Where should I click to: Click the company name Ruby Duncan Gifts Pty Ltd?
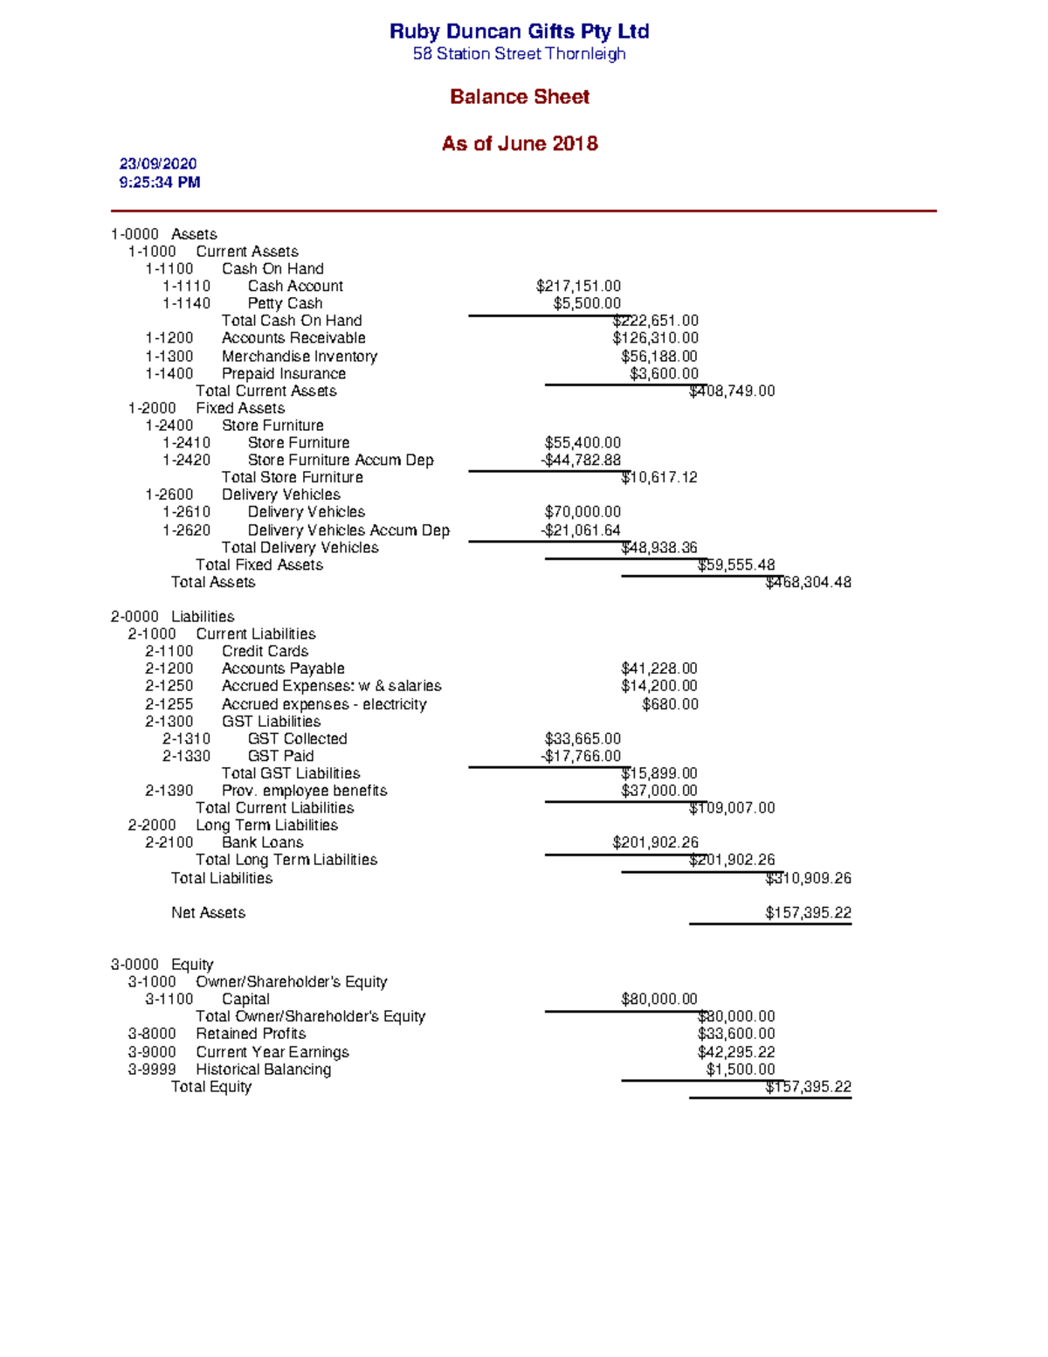point(519,31)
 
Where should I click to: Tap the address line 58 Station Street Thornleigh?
point(519,54)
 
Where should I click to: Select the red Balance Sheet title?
point(519,97)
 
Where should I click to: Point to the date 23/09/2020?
point(158,164)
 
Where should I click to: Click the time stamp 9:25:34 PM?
point(160,183)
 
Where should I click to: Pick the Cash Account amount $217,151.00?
point(578,287)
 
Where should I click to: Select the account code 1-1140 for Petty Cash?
point(186,304)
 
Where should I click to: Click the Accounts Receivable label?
point(293,338)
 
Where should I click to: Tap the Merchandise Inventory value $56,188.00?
point(658,357)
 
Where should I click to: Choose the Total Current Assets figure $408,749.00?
point(732,391)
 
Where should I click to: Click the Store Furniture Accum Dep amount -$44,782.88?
point(581,460)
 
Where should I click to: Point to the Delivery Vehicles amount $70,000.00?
point(583,512)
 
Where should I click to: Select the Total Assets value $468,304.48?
point(808,583)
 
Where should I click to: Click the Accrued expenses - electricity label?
point(324,704)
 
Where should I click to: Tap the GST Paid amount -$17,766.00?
point(581,757)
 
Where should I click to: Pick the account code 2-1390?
point(169,791)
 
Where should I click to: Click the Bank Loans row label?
point(262,843)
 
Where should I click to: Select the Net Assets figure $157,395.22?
point(808,913)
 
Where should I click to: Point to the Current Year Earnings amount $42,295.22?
point(735,1053)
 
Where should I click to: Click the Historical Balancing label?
point(263,1070)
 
